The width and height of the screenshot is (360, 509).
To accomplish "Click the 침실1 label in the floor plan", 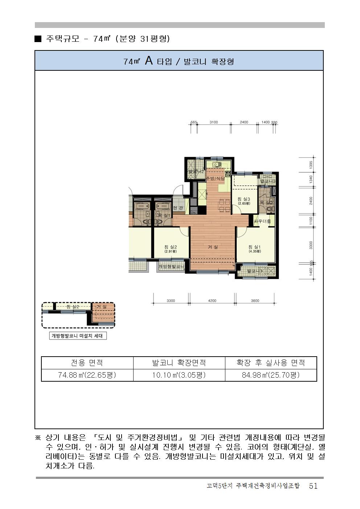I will tap(255, 247).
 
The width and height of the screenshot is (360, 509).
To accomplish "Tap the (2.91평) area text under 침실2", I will tap(170, 251).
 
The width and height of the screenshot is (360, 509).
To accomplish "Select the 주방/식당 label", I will tap(215, 178).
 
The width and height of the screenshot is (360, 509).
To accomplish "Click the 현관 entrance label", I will tap(178, 208).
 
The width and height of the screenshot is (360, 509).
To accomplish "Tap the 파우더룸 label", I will tap(262, 221).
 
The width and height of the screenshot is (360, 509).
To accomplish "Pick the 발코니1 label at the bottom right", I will tap(255, 271).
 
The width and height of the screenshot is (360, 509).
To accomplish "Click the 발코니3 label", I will tap(268, 181).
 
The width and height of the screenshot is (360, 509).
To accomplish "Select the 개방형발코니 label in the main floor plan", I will tap(172, 267).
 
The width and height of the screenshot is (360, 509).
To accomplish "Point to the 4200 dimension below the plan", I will tap(212, 301).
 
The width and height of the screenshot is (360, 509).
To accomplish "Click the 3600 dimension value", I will tap(255, 301).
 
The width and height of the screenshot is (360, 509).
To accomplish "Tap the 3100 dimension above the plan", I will tap(214, 122).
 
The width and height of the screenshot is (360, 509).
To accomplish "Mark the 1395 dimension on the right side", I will tap(311, 165).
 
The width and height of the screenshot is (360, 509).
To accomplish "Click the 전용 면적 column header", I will tap(87, 362).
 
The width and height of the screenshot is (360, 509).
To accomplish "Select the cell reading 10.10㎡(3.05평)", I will tap(179, 375).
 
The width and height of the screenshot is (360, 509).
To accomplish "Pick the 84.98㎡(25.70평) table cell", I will tap(271, 375).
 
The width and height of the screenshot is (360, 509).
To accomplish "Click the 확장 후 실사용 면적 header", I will tap(271, 362).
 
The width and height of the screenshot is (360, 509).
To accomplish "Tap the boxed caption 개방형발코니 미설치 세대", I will tap(77, 336).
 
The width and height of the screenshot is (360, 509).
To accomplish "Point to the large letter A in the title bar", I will tap(149, 61).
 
